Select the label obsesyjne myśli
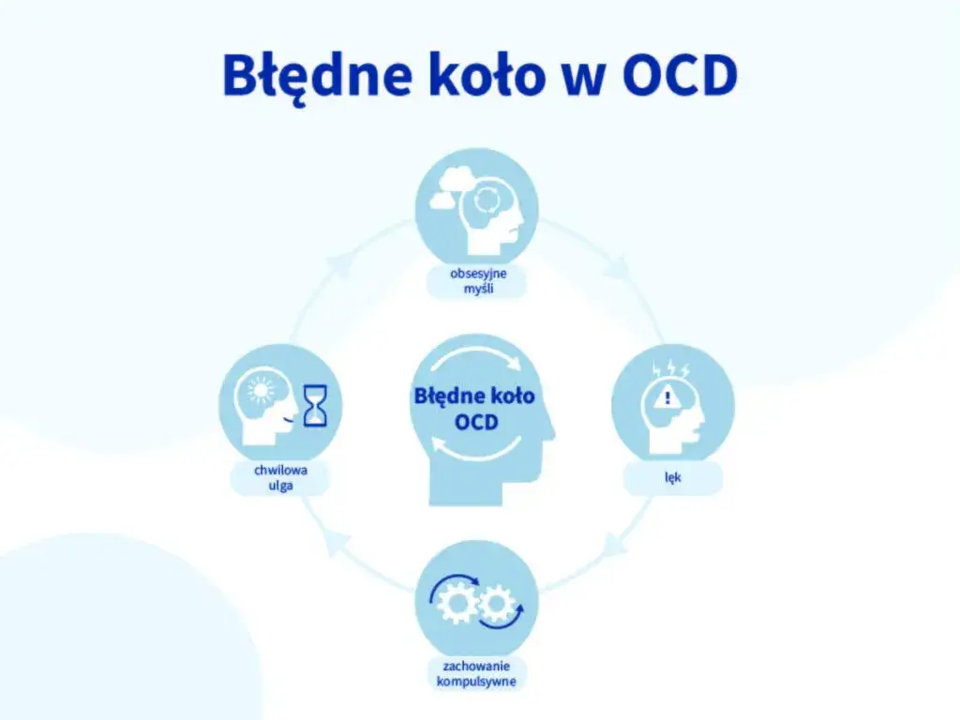(476, 281)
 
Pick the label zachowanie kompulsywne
(476, 674)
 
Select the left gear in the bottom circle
(457, 604)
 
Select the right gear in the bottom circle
(495, 604)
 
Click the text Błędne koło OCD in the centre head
(474, 409)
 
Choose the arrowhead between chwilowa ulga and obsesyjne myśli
(339, 266)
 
